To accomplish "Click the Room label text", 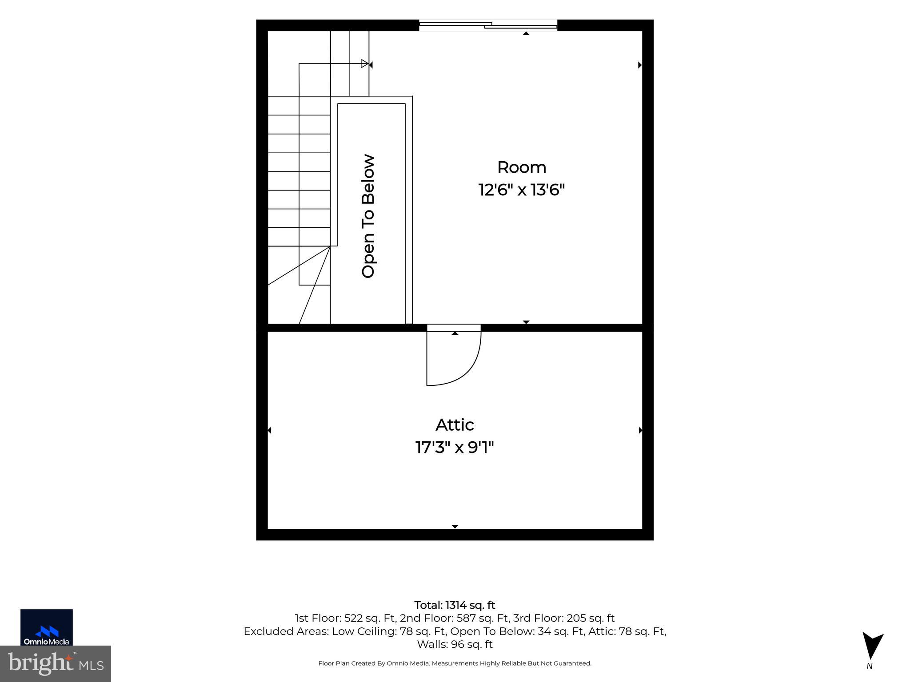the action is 522,167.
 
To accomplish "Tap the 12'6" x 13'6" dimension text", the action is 522,190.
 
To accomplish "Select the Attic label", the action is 455,425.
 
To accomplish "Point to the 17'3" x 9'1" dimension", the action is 455,447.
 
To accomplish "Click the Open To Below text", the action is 368,216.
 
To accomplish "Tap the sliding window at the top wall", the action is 488,25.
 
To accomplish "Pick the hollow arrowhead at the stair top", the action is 365,63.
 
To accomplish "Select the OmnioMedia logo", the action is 47,627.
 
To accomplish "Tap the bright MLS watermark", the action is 56,663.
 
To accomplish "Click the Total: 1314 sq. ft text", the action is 455,605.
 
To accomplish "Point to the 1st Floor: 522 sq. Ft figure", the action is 345,618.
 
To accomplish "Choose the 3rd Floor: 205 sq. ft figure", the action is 564,618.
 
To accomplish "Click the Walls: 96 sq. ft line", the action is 455,644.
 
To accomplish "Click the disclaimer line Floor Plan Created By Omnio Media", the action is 455,663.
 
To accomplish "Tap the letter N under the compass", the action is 870,666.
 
